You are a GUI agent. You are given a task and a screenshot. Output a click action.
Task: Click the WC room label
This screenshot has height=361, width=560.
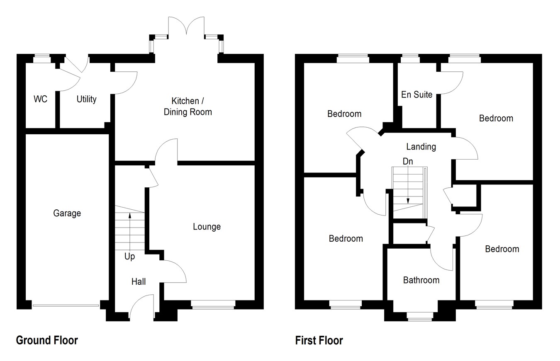coord(40,99)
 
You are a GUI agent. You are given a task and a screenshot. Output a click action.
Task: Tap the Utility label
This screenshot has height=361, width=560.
coord(87,99)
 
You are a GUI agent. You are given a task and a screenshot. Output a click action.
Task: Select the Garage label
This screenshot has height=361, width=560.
coord(67,213)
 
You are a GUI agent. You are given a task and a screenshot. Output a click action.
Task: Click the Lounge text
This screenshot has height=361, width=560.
coord(207,227)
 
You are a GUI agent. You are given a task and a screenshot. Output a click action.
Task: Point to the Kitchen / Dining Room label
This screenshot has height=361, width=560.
coord(188,107)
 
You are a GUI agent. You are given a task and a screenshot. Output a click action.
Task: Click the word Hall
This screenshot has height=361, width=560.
coord(139,281)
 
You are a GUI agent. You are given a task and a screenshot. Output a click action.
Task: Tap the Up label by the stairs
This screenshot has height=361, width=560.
coord(129,257)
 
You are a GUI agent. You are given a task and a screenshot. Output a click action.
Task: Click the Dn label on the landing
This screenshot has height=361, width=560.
coord(408,161)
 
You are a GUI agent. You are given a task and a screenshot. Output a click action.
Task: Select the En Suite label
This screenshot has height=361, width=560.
coord(417,94)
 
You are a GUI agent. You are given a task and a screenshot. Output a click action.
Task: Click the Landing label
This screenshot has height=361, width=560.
coord(421,147)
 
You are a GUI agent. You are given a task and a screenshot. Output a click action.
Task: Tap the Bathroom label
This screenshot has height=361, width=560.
coord(421,280)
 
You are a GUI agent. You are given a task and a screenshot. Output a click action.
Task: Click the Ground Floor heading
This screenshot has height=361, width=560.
coord(47,340)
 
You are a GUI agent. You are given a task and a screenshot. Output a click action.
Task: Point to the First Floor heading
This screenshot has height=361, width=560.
coord(319,341)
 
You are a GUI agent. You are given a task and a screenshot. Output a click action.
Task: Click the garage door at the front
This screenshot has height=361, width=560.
coord(66,305)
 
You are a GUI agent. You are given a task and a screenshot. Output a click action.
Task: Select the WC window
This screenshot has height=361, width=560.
coord(42,58)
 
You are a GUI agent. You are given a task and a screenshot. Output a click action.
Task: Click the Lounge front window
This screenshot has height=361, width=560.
coord(213,305)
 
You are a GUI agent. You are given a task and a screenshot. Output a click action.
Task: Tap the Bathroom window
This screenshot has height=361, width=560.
coord(419,317)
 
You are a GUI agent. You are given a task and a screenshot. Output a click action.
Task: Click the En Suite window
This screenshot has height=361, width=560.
coord(410,58)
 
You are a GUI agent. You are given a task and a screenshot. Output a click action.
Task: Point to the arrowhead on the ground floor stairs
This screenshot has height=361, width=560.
coord(130,216)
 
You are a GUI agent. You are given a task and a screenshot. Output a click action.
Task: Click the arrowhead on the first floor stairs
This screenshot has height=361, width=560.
coord(408,201)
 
